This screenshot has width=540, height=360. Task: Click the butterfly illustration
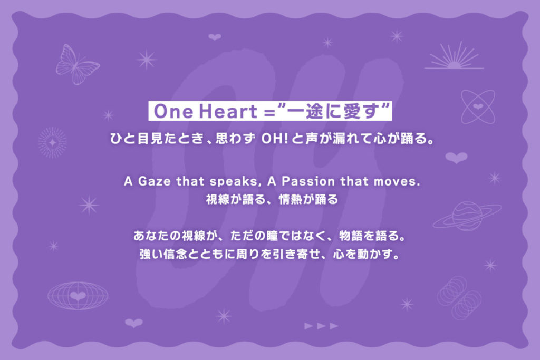pos(77,65)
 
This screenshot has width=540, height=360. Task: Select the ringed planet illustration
pos(467,216)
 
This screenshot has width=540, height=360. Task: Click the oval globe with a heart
pos(78,295)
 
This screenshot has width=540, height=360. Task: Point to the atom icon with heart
pos(478,106)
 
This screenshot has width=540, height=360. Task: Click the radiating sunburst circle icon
pos(52,142)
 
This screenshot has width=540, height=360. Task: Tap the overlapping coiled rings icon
pos(459,298)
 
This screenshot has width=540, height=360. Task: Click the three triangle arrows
pos(321,326)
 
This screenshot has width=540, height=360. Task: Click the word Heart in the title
pos(228,111)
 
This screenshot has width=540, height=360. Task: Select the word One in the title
pos(173,111)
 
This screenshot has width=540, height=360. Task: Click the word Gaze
pos(155,181)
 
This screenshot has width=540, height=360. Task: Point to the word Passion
pos(308,181)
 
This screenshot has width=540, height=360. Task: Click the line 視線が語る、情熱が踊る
pos(272,199)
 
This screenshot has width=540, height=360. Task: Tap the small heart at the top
pos(215,37)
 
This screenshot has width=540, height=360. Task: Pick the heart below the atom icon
pos(456,158)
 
